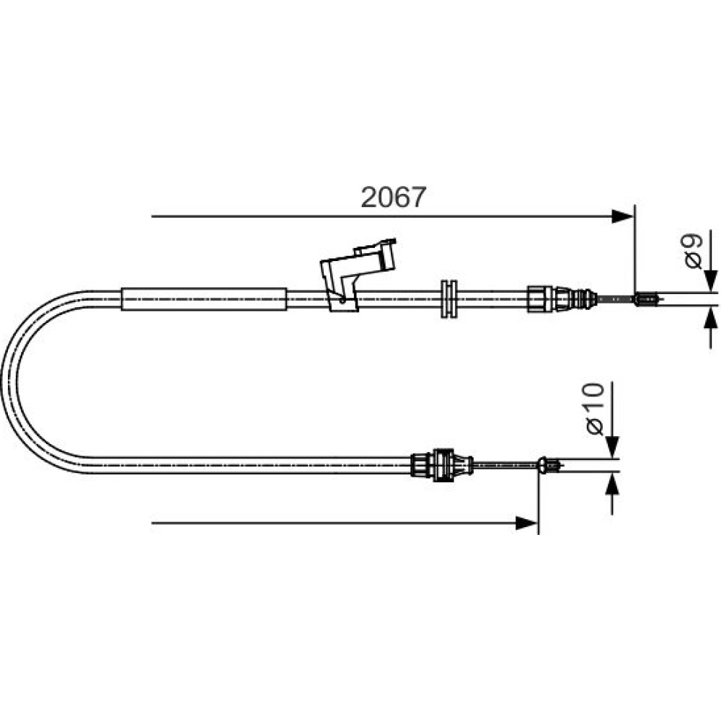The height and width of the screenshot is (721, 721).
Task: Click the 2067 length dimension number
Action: tap(394, 198)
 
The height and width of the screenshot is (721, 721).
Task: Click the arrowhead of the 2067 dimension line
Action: tap(623, 216)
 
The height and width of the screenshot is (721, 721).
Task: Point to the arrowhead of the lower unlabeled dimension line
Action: tap(526, 523)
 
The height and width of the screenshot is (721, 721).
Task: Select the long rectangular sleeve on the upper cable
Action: tap(204, 299)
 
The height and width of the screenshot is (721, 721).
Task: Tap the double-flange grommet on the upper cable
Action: tap(448, 299)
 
